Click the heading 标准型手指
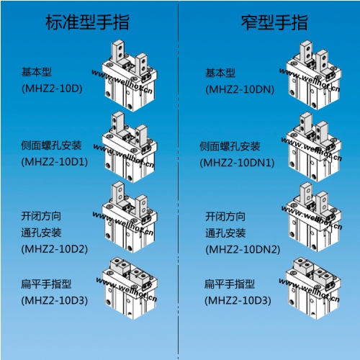[x=87, y=22]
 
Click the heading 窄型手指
[x=274, y=22]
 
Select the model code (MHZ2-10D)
[x=52, y=89]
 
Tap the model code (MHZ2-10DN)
[x=240, y=89]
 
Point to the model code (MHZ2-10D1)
[x=55, y=162]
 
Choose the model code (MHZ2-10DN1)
[x=237, y=163]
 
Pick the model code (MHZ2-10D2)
[x=55, y=249]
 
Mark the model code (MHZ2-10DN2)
[x=243, y=250]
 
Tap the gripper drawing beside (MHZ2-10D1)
[x=130, y=147]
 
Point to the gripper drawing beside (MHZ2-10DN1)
[x=313, y=147]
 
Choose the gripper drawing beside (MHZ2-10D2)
[x=130, y=217]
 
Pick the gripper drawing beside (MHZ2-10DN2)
[x=313, y=217]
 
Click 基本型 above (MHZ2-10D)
[x=37, y=72]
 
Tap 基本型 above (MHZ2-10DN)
[x=220, y=73]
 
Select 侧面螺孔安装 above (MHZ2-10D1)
[x=51, y=145]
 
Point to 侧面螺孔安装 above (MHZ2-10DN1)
[x=230, y=146]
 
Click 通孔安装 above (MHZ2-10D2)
[x=41, y=233]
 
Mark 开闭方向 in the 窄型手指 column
[x=225, y=217]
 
